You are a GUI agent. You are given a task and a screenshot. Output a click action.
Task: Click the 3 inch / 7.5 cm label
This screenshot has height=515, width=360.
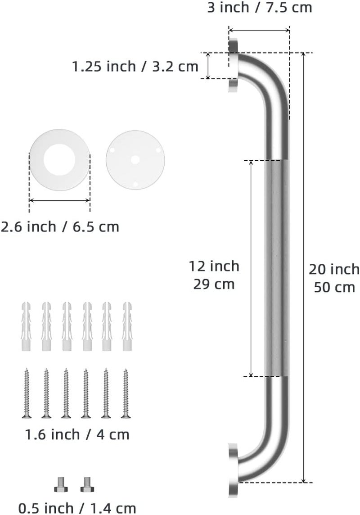pyautogui.click(x=259, y=8)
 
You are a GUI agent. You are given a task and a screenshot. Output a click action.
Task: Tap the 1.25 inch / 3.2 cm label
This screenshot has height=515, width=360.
pyautogui.click(x=135, y=66)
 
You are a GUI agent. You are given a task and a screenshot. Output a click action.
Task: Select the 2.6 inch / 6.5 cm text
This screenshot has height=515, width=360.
pyautogui.click(x=60, y=227)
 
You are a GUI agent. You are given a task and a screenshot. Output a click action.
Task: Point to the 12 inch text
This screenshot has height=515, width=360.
pyautogui.click(x=214, y=267)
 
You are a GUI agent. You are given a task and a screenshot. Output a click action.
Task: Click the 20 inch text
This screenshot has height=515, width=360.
pyautogui.click(x=334, y=269)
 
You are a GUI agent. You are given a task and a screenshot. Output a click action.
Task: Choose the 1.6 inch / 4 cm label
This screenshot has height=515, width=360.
pyautogui.click(x=77, y=434)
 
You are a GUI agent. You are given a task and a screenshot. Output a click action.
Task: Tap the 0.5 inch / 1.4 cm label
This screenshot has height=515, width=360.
pyautogui.click(x=77, y=508)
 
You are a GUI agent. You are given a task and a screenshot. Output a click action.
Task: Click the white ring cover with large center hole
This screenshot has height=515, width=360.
pyautogui.click(x=59, y=160)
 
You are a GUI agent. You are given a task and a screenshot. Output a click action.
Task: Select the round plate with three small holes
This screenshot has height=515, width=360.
pyautogui.click(x=135, y=160)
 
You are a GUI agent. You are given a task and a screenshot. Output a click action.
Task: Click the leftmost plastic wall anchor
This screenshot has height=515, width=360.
pyautogui.click(x=27, y=326)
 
